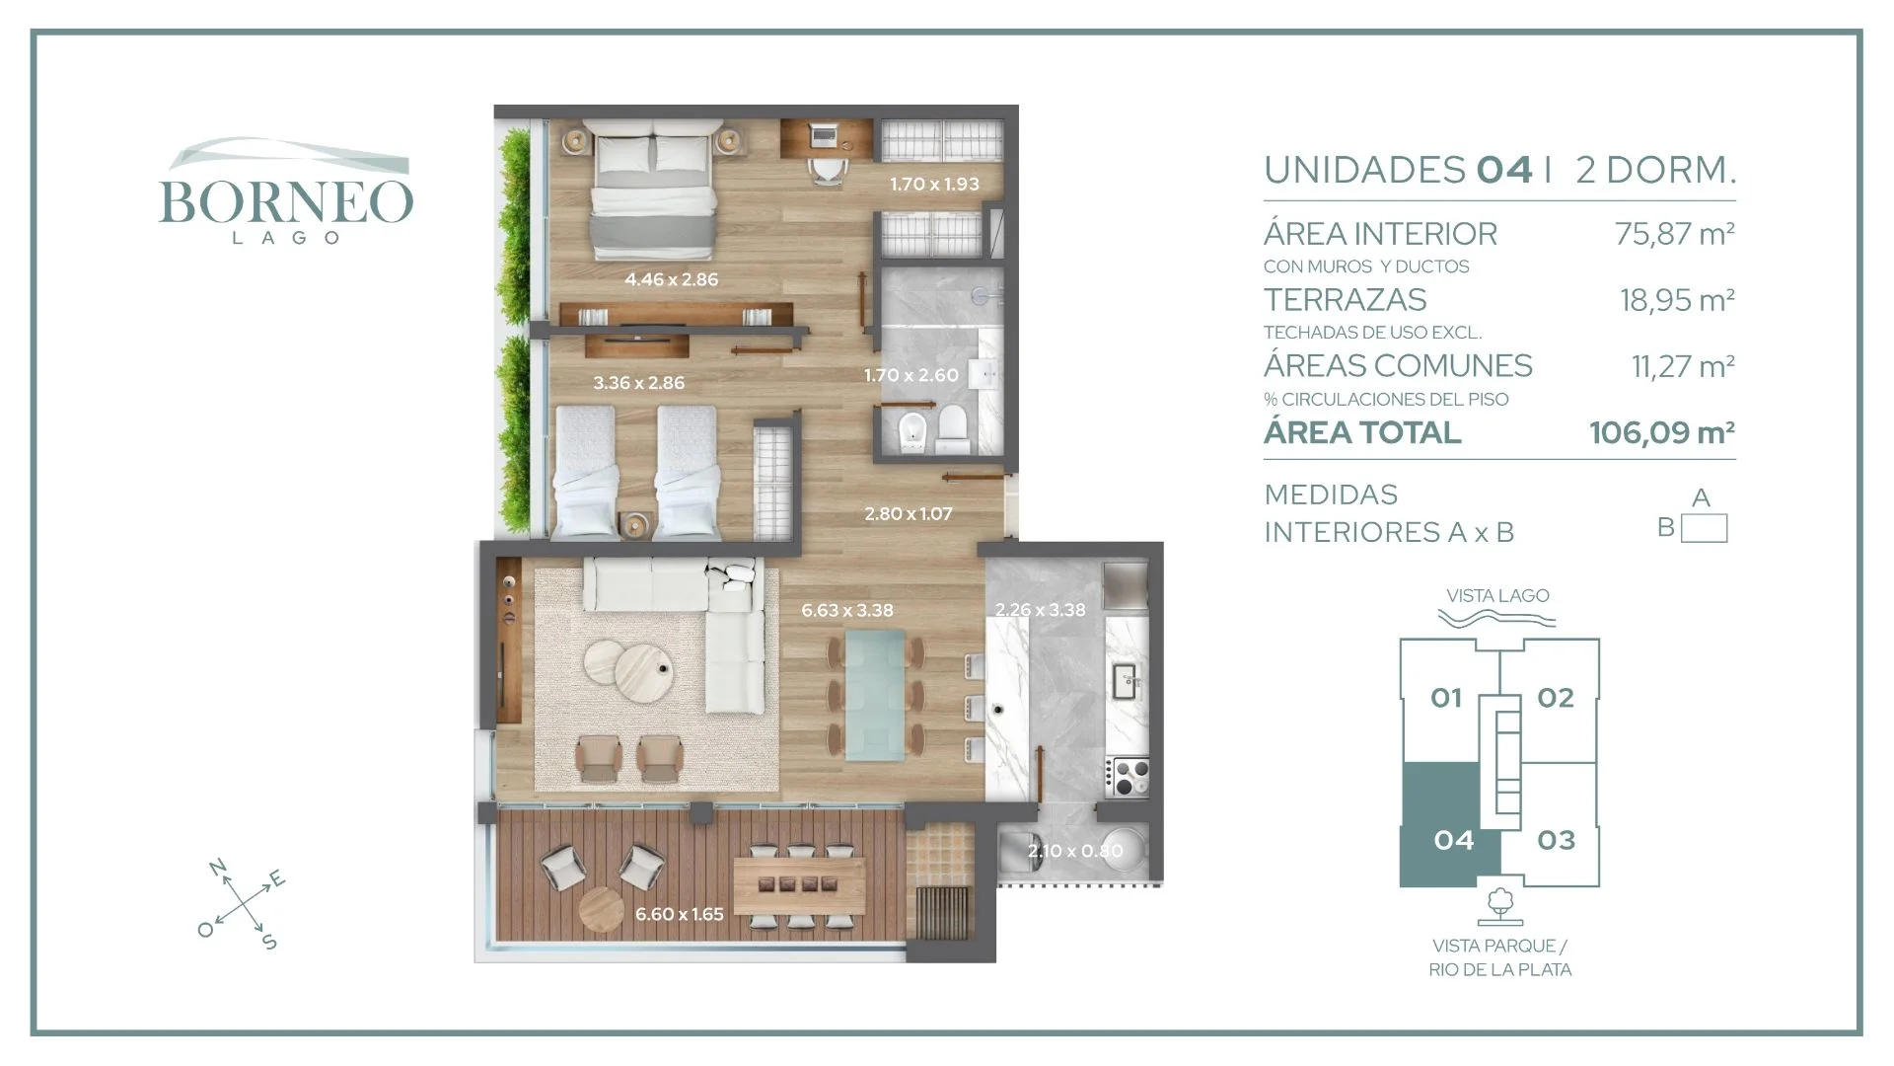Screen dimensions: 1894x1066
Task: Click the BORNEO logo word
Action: pyautogui.click(x=286, y=201)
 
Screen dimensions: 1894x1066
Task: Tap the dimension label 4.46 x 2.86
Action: pyautogui.click(x=672, y=279)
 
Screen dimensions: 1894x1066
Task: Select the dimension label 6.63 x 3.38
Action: pyautogui.click(x=847, y=610)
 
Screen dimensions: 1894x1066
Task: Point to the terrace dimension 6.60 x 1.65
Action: pyautogui.click(x=680, y=914)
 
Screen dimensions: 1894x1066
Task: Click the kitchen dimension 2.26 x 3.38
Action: pyautogui.click(x=1040, y=610)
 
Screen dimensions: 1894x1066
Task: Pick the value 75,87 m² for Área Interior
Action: pyautogui.click(x=1674, y=234)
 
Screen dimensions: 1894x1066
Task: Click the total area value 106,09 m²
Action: pyautogui.click(x=1662, y=432)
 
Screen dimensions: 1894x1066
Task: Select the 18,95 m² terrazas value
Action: pyautogui.click(x=1677, y=300)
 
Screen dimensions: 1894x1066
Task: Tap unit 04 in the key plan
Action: pyautogui.click(x=1454, y=840)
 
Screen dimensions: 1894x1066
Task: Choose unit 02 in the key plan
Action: pyautogui.click(x=1556, y=698)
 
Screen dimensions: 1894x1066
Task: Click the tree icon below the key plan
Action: pyautogui.click(x=1500, y=905)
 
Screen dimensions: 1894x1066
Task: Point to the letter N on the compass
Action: pyautogui.click(x=218, y=868)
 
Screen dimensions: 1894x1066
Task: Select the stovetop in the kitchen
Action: pyautogui.click(x=1128, y=777)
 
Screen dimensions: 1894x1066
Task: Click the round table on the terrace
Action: pyautogui.click(x=602, y=910)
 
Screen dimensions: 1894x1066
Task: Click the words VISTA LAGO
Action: pyautogui.click(x=1497, y=595)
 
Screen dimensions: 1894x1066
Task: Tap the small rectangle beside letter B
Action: pyautogui.click(x=1705, y=528)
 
